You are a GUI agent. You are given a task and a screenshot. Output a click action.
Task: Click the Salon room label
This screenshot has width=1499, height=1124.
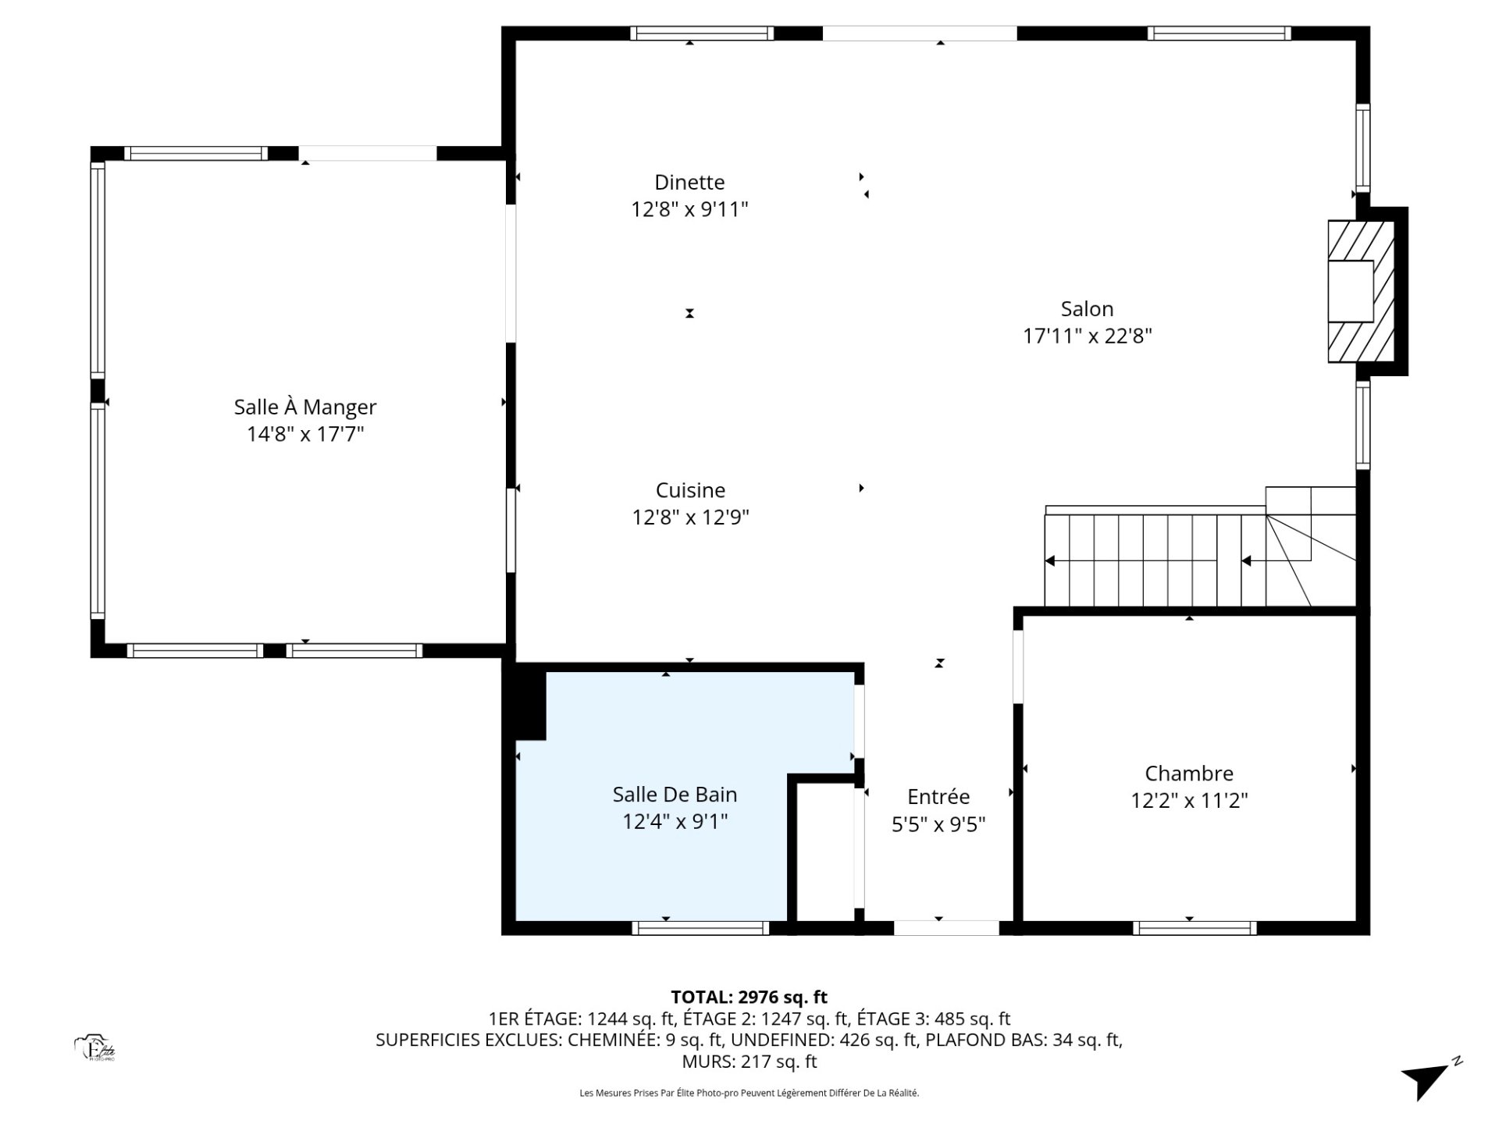[1087, 309]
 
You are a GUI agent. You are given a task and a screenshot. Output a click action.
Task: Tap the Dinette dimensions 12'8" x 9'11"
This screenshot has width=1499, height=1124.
[689, 209]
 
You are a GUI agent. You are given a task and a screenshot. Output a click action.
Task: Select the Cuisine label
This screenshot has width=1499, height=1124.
[690, 490]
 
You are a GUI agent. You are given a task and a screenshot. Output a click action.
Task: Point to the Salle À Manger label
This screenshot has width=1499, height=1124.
[305, 407]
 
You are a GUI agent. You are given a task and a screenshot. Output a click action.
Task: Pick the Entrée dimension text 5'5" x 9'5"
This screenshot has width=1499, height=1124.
[938, 824]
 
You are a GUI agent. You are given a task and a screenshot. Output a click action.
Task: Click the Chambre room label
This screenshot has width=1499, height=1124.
[1189, 774]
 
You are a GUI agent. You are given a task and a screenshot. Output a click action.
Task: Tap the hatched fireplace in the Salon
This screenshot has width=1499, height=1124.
[1362, 291]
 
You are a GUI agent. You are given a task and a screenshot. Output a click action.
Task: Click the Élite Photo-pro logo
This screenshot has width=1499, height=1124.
[95, 1048]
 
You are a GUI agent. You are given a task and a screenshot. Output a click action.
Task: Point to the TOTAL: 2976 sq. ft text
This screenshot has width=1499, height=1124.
[749, 997]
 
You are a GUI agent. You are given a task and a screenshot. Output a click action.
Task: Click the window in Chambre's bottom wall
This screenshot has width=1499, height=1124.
[1195, 928]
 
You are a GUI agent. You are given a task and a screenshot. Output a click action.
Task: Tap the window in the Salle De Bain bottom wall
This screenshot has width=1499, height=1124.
[700, 928]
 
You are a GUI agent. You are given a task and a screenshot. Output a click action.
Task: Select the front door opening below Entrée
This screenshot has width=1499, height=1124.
[946, 928]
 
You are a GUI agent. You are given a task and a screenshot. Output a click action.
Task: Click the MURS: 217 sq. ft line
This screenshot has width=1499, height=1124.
[749, 1062]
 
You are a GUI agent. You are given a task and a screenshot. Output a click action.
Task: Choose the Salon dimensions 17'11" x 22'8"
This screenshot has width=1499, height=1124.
[1088, 336]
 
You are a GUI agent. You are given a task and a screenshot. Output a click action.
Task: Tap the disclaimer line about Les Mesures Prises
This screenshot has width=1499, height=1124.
[749, 1094]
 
